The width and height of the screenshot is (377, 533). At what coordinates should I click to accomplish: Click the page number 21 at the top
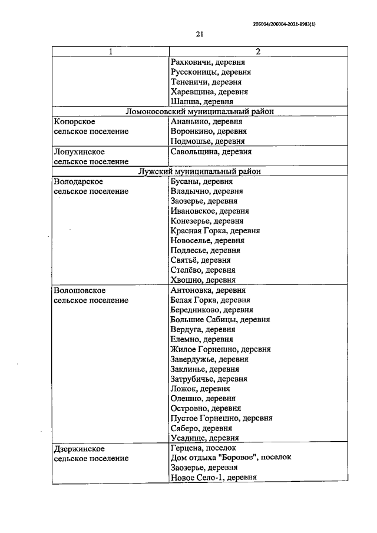199,34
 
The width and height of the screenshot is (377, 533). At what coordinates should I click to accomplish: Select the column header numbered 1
110,52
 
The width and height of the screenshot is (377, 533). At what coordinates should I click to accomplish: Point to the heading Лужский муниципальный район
200,171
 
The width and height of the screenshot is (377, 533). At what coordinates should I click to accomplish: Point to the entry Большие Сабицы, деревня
220,320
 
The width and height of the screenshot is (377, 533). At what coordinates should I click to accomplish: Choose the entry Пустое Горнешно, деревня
220,418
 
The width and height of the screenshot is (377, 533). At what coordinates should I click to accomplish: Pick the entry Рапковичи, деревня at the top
207,62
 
